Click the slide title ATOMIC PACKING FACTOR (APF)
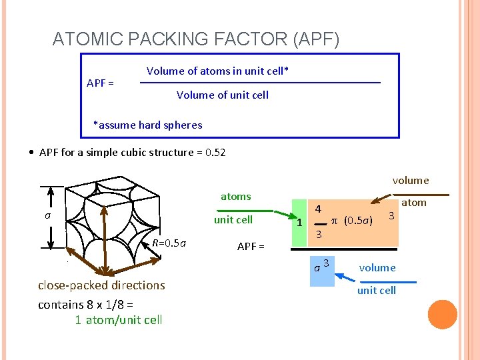(x=196, y=40)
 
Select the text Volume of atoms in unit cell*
(x=217, y=71)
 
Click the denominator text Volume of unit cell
(x=223, y=95)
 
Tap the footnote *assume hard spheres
(x=147, y=125)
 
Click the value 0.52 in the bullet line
(x=216, y=152)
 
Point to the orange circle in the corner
(x=443, y=315)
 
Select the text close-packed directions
(x=101, y=285)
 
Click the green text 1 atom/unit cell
(x=118, y=319)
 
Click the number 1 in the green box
(x=300, y=223)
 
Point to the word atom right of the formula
(x=413, y=203)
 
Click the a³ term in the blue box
(x=321, y=266)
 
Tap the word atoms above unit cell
(x=236, y=196)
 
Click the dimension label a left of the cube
(x=47, y=215)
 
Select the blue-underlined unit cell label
(x=377, y=290)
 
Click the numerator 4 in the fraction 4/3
(x=319, y=209)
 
